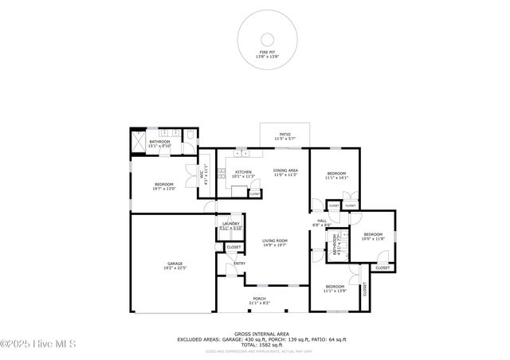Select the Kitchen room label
[x=243, y=174]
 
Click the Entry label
[x=239, y=264]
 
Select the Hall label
[x=322, y=223]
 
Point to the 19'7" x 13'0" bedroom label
[x=163, y=186]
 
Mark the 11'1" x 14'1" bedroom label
[x=336, y=176]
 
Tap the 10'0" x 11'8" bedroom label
[x=373, y=237]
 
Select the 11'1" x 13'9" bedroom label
[x=335, y=288]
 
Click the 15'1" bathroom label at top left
[x=159, y=143]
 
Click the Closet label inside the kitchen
[x=254, y=194]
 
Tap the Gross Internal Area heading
[x=261, y=334]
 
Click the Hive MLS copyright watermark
[x=38, y=344]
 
